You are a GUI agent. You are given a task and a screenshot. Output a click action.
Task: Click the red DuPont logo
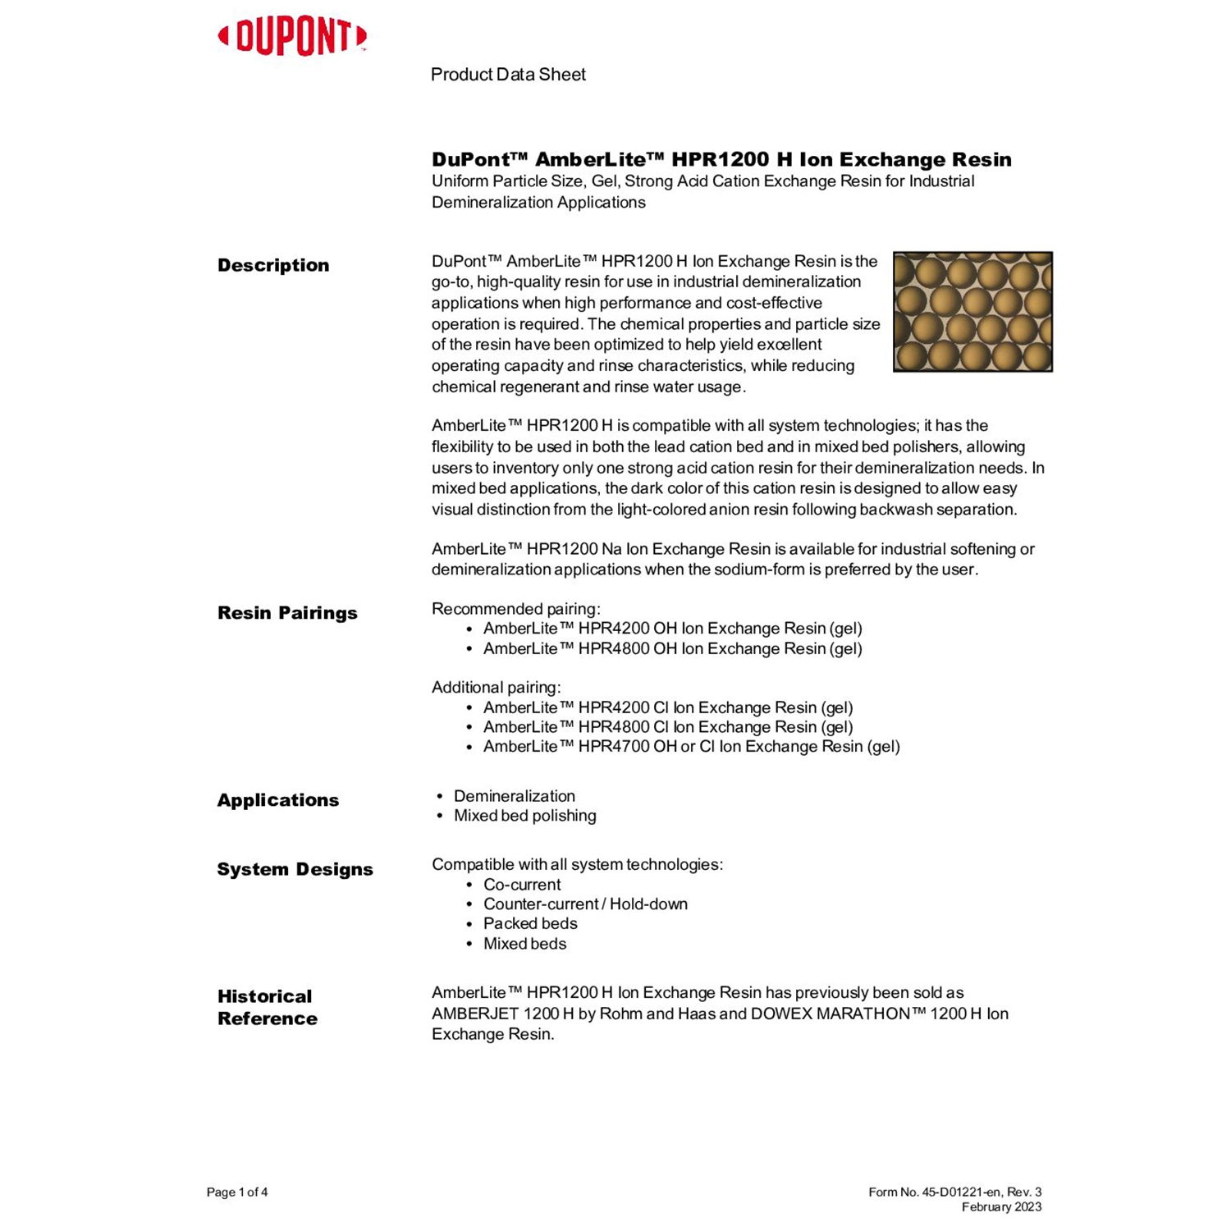pyautogui.click(x=292, y=37)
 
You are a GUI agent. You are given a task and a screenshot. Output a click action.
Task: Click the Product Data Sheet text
pyautogui.click(x=508, y=75)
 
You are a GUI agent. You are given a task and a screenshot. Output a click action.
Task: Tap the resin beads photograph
pyautogui.click(x=972, y=312)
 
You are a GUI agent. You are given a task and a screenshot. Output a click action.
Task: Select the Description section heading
pyautogui.click(x=273, y=265)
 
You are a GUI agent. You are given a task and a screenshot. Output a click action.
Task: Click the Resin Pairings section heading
pyautogui.click(x=287, y=613)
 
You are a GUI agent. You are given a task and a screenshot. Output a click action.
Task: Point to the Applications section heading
pyautogui.click(x=277, y=800)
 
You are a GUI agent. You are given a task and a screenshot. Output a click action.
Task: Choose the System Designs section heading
pyautogui.click(x=295, y=869)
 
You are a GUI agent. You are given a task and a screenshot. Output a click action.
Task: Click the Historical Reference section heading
pyautogui.click(x=267, y=1007)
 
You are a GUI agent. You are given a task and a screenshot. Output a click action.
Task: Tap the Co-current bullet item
pyautogui.click(x=522, y=885)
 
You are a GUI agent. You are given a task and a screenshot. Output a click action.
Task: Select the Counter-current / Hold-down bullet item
pyautogui.click(x=585, y=904)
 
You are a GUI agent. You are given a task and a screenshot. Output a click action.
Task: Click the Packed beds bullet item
pyautogui.click(x=530, y=924)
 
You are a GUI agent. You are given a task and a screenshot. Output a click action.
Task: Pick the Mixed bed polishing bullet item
pyautogui.click(x=524, y=816)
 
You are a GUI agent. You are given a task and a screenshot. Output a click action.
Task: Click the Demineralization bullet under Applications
pyautogui.click(x=514, y=796)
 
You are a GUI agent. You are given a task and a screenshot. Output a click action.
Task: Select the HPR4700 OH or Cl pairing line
pyautogui.click(x=691, y=747)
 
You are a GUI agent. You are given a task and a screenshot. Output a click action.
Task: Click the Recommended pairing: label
pyautogui.click(x=516, y=609)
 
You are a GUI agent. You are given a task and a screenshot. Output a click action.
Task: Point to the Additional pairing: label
pyautogui.click(x=497, y=688)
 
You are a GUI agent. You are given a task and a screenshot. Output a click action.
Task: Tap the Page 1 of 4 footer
pyautogui.click(x=237, y=1192)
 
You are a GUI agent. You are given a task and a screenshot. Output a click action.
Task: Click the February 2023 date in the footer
pyautogui.click(x=1001, y=1207)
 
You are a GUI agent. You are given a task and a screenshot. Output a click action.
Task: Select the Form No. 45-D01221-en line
pyautogui.click(x=954, y=1192)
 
